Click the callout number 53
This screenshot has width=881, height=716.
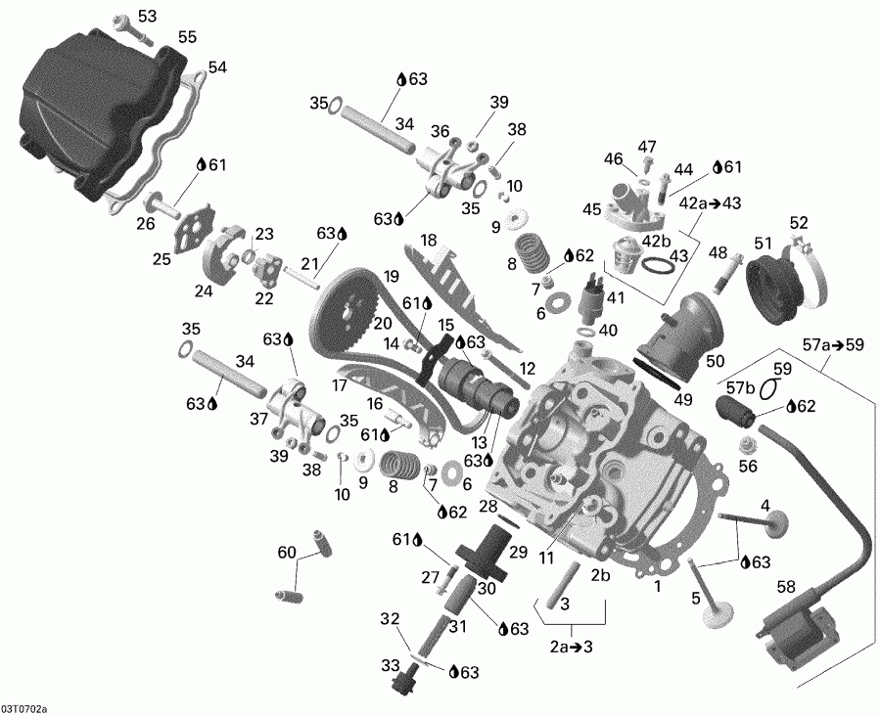point(147,17)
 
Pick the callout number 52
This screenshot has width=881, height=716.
point(800,222)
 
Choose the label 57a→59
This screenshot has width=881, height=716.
point(833,343)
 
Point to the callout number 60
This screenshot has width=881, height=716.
point(285,554)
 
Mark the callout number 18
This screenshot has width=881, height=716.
point(429,241)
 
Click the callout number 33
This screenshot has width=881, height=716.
point(390,664)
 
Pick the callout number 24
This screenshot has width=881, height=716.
point(204,291)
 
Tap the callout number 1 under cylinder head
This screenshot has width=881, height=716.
point(658,587)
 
